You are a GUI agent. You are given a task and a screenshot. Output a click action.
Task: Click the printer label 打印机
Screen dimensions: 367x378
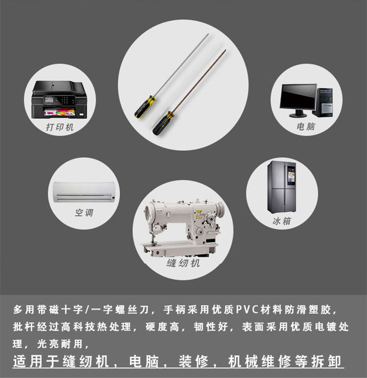pyautogui.click(x=60, y=127)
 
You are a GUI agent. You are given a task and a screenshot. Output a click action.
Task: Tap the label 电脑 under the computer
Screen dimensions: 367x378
pyautogui.click(x=306, y=127)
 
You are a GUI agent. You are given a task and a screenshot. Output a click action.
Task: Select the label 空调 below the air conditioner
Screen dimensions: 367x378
pyautogui.click(x=84, y=213)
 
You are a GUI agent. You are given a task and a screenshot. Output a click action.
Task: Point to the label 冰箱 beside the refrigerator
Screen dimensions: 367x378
pyautogui.click(x=282, y=221)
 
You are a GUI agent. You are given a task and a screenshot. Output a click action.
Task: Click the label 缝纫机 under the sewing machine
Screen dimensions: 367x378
pyautogui.click(x=183, y=263)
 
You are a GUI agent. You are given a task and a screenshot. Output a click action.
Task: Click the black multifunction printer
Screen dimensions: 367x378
pyautogui.click(x=59, y=100)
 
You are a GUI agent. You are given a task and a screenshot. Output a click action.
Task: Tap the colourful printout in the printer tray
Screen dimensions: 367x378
pyautogui.click(x=59, y=112)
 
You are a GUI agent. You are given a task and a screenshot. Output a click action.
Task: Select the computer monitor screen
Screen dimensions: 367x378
pyautogui.click(x=298, y=97)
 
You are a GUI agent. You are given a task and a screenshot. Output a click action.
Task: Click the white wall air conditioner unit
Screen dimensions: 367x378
pyautogui.click(x=83, y=192)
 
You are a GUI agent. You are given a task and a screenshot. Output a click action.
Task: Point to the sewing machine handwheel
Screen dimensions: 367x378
pyautogui.click(x=219, y=208)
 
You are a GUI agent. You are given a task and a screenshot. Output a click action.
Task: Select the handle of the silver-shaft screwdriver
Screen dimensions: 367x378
pyautogui.click(x=145, y=106)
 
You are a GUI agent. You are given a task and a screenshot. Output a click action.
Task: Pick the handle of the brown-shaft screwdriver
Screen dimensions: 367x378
pyautogui.click(x=163, y=123)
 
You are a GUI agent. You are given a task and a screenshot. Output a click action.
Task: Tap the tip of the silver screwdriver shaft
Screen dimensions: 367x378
pyautogui.click(x=208, y=34)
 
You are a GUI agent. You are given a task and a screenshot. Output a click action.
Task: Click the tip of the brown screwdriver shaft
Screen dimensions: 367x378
pyautogui.click(x=226, y=50)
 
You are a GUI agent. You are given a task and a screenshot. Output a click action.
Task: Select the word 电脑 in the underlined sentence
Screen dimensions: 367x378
pyautogui.click(x=144, y=361)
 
